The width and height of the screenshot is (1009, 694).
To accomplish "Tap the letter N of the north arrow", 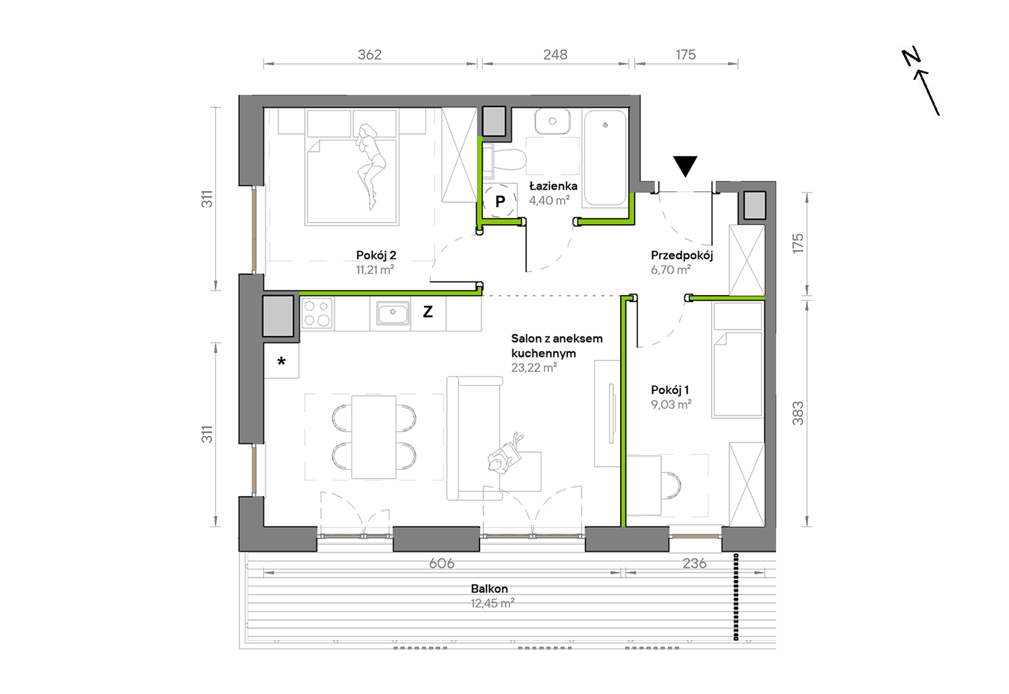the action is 911,57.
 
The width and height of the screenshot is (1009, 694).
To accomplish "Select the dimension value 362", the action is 370,55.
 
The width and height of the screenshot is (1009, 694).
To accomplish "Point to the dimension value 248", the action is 555,55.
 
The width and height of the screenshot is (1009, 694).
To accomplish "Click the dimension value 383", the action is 798,413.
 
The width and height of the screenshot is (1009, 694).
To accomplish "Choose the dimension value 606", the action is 442,563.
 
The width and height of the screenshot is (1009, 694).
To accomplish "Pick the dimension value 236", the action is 695,563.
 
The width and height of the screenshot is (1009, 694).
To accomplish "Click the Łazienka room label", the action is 553,186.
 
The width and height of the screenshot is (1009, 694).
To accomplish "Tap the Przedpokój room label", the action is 682,256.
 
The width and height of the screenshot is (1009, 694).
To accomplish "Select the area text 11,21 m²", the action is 375,270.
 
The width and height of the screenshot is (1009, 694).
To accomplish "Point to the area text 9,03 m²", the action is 671,405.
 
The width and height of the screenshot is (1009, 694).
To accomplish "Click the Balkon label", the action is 489,589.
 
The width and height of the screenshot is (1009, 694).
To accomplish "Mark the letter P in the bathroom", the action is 500,202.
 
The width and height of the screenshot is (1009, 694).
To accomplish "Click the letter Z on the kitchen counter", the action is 427,312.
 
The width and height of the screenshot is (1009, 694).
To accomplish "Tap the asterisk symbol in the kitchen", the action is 281,361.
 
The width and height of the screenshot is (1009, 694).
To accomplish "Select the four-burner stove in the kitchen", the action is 317,312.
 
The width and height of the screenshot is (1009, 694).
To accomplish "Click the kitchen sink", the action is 392,313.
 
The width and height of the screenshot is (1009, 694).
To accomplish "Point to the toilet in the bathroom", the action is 504,159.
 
